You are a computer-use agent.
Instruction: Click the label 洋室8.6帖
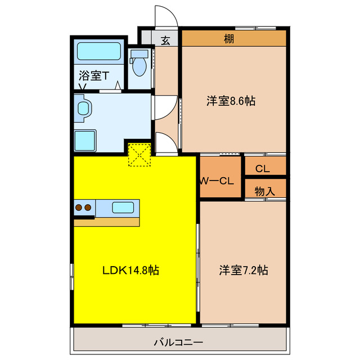pos(231,101)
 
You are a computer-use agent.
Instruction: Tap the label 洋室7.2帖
pos(243,270)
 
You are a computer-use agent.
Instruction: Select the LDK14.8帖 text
pos(130,270)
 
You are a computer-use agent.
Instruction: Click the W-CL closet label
pos(218,181)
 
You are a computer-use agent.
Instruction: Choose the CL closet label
pos(262,168)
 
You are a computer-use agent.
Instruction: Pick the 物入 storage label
pos(264,191)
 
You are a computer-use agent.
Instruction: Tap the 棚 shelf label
pos(228,39)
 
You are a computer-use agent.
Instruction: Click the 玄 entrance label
pos(166,40)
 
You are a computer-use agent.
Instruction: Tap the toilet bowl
pos(138,65)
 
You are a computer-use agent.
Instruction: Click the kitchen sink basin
pos(123,207)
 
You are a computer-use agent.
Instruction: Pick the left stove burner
pos(79,208)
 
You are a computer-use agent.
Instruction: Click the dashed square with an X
pos(140,155)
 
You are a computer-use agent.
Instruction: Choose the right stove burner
pos(88,208)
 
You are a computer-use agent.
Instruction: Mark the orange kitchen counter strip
pos(106,222)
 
